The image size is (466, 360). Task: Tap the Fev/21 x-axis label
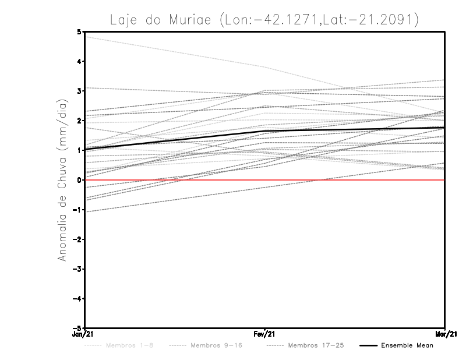[265, 334]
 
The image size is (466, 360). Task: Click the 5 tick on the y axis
[79, 32]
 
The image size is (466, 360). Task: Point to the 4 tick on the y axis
[79, 62]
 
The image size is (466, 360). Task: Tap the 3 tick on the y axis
[79, 91]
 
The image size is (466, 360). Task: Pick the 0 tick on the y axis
[79, 180]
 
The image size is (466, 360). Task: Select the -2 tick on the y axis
[78, 239]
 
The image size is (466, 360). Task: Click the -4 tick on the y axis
[78, 298]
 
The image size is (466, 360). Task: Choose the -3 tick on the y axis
[78, 269]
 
